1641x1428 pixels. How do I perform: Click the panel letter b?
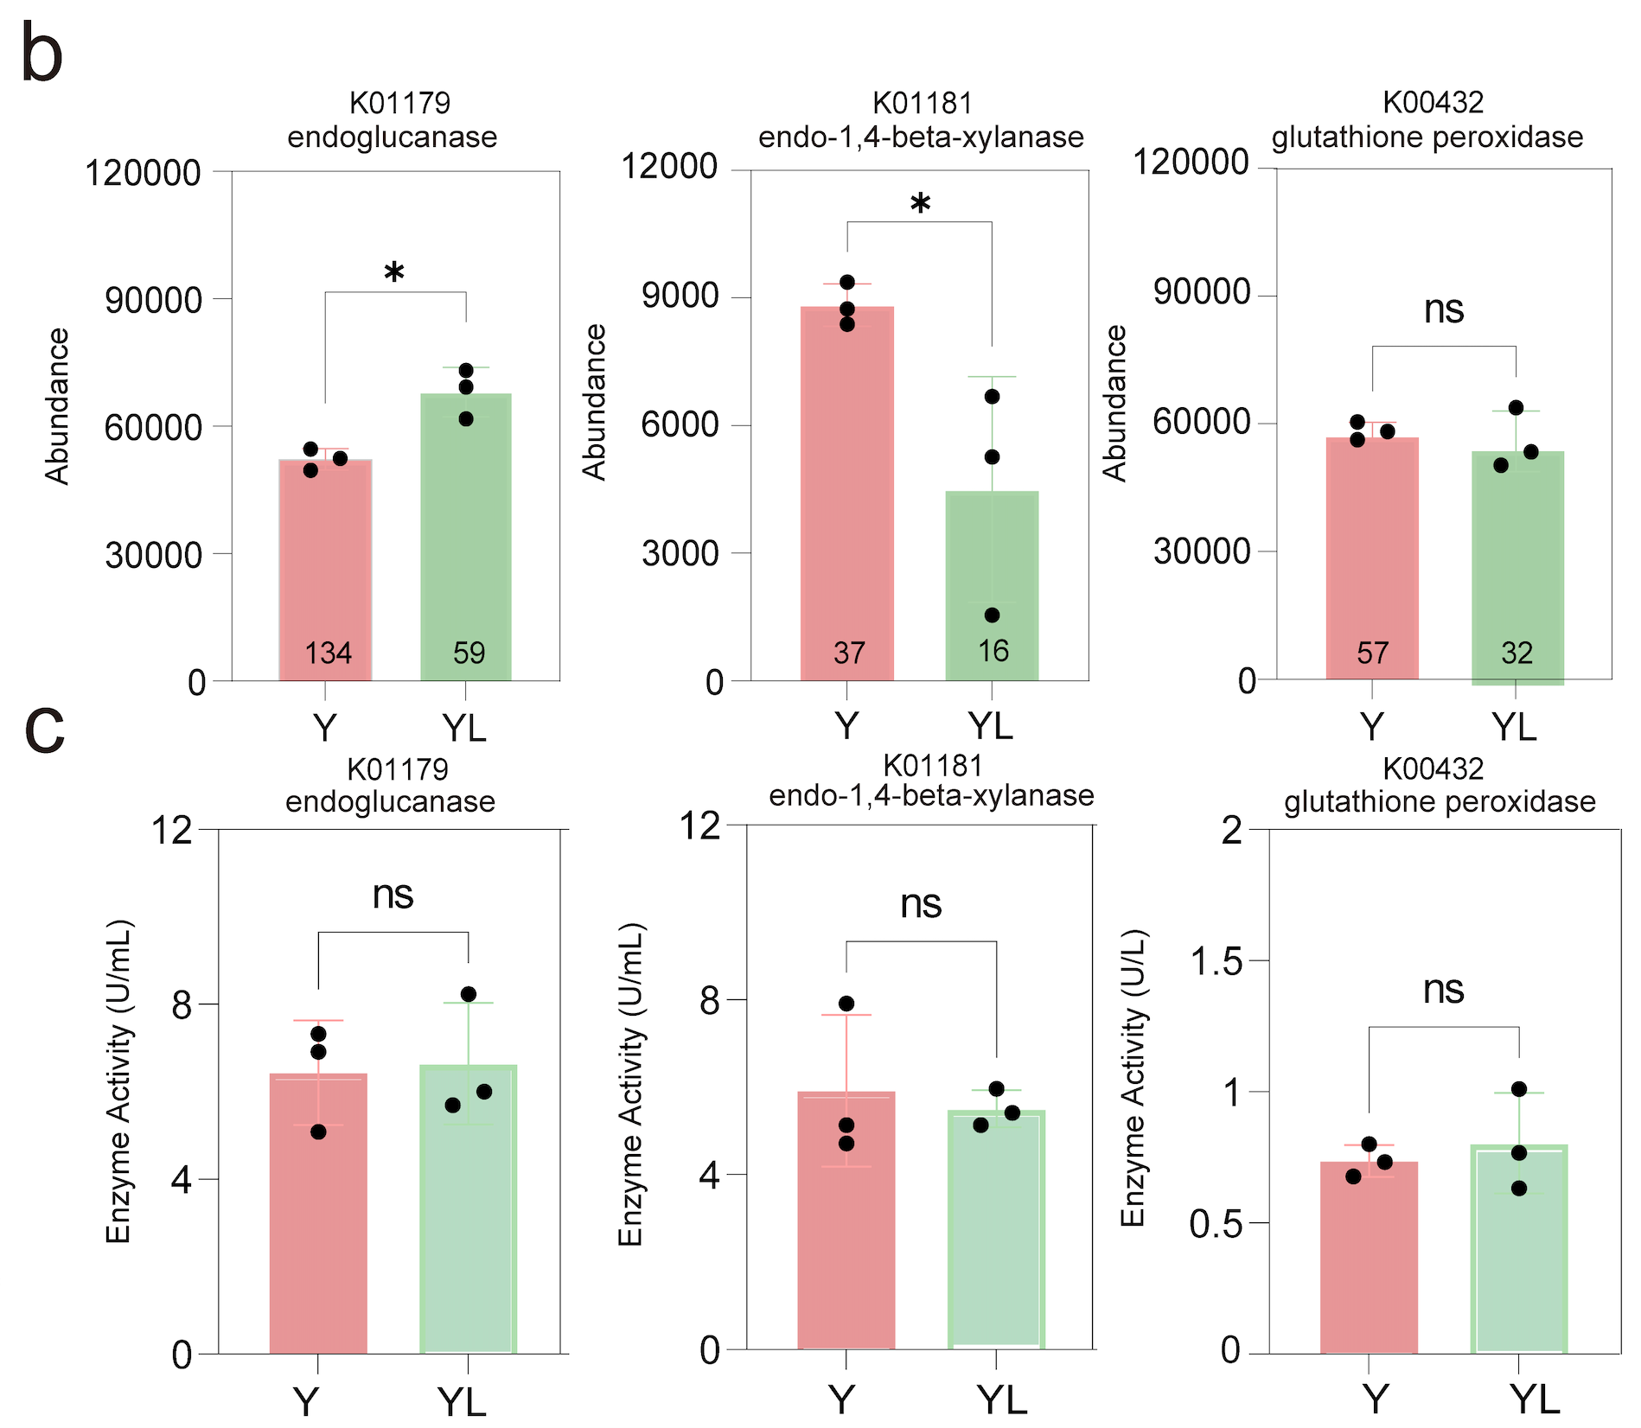coord(42,54)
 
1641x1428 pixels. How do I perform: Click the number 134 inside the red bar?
coord(328,653)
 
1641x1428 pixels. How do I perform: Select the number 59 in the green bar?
coord(469,653)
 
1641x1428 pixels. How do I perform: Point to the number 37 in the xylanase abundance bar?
coord(848,653)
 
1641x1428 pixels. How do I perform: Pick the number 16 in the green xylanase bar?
coord(993,651)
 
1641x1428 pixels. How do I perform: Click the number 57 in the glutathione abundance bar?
coord(1372,653)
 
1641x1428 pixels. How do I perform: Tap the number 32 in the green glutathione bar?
coord(1516,653)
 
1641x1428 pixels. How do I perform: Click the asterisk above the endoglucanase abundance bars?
coord(394,274)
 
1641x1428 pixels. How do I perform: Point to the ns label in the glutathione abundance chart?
coord(1444,309)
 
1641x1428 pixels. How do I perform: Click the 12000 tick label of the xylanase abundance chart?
coord(669,166)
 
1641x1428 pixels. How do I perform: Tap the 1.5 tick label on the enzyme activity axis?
coord(1216,961)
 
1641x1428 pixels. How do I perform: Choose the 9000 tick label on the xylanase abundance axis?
coord(680,296)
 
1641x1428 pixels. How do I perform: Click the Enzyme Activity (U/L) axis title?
coord(1133,1078)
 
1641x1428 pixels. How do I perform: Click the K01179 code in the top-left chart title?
coord(399,103)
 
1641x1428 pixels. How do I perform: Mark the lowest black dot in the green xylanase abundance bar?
coord(993,615)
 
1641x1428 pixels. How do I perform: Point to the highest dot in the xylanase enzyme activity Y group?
coord(846,1004)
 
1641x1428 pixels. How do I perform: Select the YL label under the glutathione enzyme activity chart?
coord(1534,1399)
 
